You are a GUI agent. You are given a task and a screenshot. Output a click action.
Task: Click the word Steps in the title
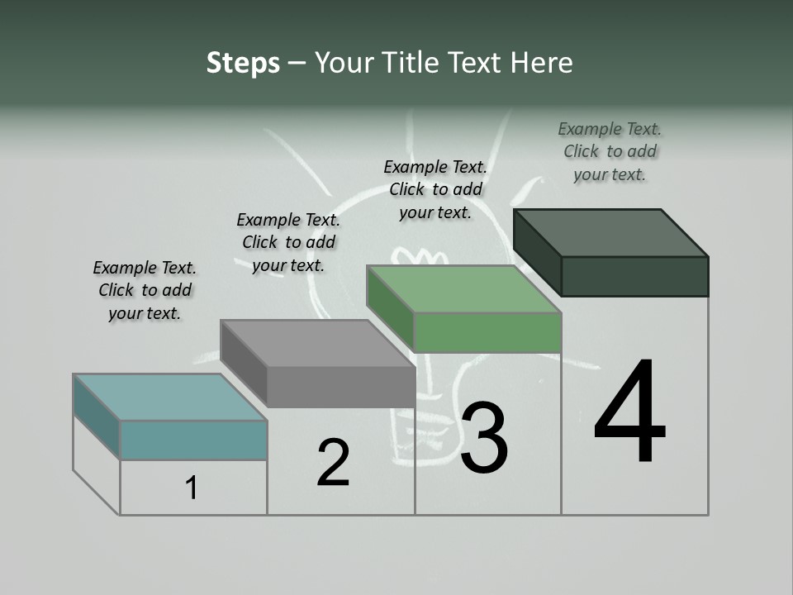click(243, 64)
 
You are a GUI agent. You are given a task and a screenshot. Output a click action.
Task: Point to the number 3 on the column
click(484, 438)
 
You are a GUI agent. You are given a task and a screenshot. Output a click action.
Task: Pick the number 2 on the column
click(333, 463)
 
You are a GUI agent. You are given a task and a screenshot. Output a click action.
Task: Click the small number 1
click(192, 488)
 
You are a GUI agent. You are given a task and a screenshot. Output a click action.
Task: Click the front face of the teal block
click(193, 440)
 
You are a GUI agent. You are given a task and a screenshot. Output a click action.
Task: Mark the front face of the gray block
click(340, 387)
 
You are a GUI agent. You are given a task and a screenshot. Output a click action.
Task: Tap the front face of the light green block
click(487, 333)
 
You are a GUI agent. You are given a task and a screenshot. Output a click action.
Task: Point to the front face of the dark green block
click(634, 276)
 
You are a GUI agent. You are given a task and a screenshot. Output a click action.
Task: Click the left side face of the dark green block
click(537, 252)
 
